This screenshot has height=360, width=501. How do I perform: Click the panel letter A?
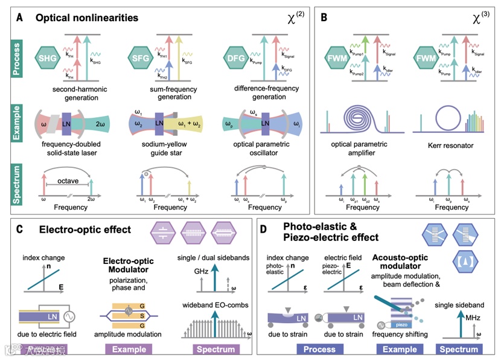20,18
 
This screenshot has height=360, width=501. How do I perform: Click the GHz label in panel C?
197,272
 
